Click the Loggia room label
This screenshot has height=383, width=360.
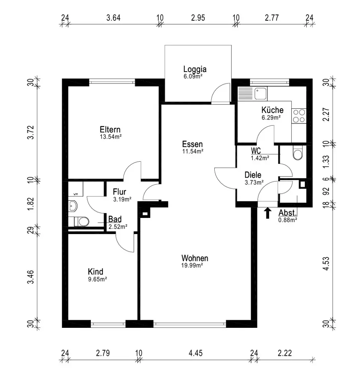pyautogui.click(x=195, y=69)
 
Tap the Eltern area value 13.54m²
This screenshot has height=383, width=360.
pyautogui.click(x=110, y=136)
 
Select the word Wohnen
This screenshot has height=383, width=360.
pyautogui.click(x=195, y=258)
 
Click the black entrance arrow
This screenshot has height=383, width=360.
pyautogui.click(x=268, y=213)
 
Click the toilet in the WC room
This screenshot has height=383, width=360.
pyautogui.click(x=298, y=154)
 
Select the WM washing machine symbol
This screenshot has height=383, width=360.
pyautogui.click(x=75, y=194)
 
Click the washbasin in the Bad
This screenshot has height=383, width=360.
pyautogui.click(x=73, y=207)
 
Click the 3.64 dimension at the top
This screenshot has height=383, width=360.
pyautogui.click(x=113, y=18)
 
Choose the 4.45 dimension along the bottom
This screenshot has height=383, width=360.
pyautogui.click(x=195, y=353)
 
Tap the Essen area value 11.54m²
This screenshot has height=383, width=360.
pyautogui.click(x=192, y=151)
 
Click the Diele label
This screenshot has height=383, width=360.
pyautogui.click(x=253, y=175)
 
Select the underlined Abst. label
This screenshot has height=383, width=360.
pyautogui.click(x=287, y=213)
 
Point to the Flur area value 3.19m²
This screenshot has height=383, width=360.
pyautogui.click(x=122, y=199)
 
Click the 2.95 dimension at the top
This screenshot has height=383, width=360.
pyautogui.click(x=198, y=18)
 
